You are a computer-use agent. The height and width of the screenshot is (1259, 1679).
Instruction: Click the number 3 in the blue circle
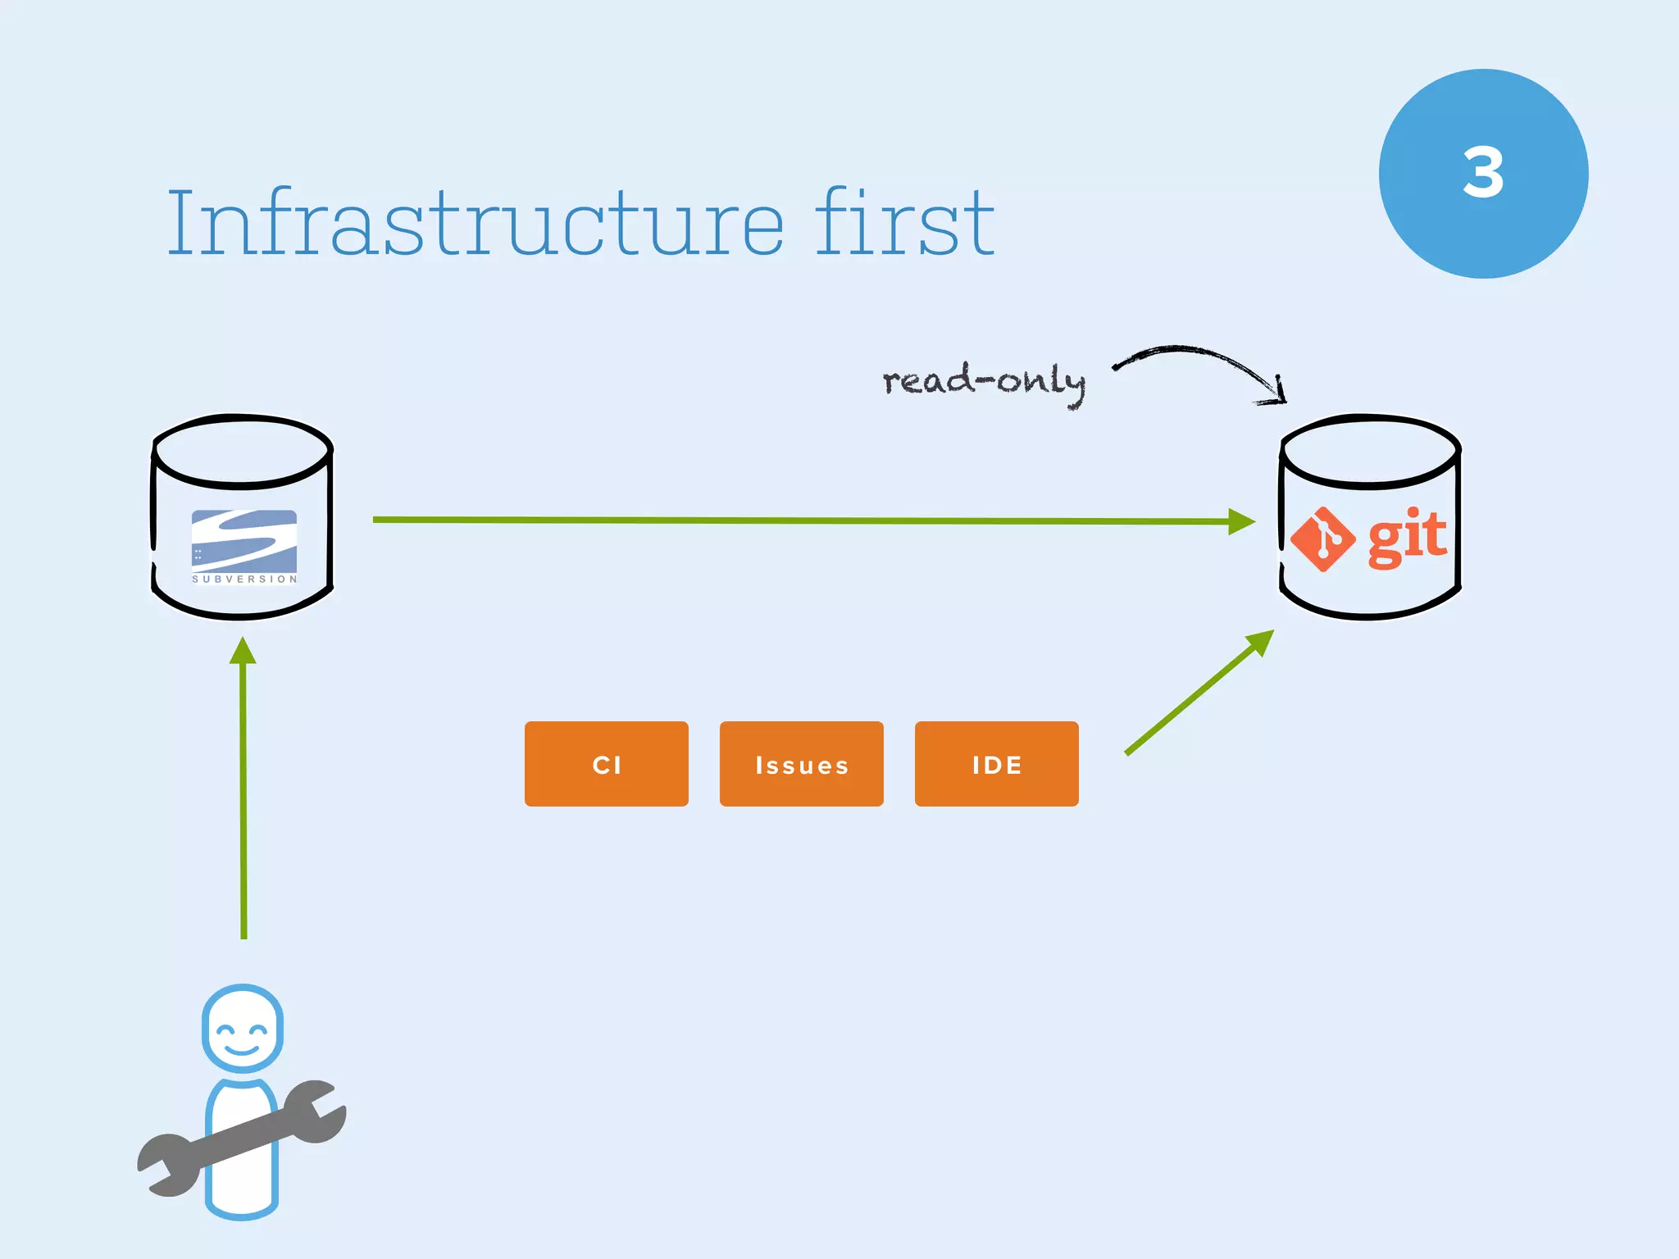1483,173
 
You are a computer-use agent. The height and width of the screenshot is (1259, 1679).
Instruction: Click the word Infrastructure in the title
475,223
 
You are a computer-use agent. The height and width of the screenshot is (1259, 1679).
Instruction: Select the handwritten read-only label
984,382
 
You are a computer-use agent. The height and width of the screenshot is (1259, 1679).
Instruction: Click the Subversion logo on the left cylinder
243,540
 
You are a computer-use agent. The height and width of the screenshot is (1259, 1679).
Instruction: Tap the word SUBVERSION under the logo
243,579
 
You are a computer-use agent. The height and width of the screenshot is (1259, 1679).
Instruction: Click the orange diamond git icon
1322,539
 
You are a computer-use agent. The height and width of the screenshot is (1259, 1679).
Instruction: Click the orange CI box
607,764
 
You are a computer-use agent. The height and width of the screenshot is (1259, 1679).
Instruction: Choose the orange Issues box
801,764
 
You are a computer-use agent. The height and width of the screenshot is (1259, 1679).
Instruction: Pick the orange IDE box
996,764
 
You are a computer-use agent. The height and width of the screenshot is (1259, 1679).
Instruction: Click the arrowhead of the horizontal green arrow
1241,521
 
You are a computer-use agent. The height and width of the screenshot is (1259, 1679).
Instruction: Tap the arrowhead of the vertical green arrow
243,652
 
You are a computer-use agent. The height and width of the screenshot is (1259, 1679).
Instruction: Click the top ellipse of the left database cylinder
243,451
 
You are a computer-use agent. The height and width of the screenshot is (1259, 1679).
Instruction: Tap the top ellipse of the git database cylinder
1370,452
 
